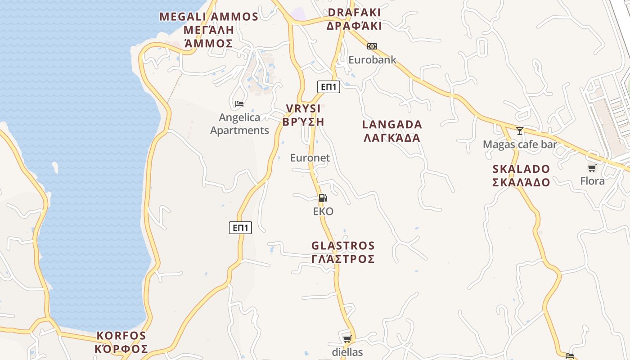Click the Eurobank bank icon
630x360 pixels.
tap(372, 46)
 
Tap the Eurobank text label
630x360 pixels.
tap(372, 59)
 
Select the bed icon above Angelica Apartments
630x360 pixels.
tap(239, 104)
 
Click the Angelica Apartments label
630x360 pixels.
tap(239, 124)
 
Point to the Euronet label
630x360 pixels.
tap(310, 158)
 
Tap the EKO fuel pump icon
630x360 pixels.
tap(323, 198)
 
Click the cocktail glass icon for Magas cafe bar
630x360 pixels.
tap(520, 131)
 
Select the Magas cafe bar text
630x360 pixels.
tap(520, 144)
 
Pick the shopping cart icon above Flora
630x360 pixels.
tap(592, 168)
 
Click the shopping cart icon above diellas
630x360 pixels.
tap(347, 339)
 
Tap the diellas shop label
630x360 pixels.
tap(347, 352)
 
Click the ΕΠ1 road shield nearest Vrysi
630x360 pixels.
tap(328, 87)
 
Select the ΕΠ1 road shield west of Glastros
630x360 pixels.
tap(240, 228)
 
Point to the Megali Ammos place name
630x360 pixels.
tap(209, 30)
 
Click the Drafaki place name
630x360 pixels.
tap(354, 19)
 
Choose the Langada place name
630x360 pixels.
tap(392, 131)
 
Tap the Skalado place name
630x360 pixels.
tap(521, 175)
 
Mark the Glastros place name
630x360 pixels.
tap(343, 252)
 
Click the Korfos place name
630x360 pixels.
tap(121, 342)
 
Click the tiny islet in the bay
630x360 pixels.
tap(55, 167)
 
